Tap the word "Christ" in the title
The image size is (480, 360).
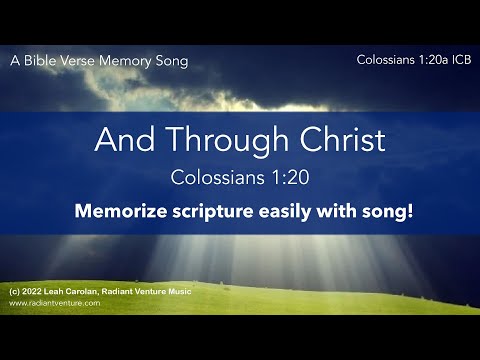pyautogui.click(x=337, y=140)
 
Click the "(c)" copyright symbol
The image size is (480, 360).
pyautogui.click(x=13, y=290)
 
